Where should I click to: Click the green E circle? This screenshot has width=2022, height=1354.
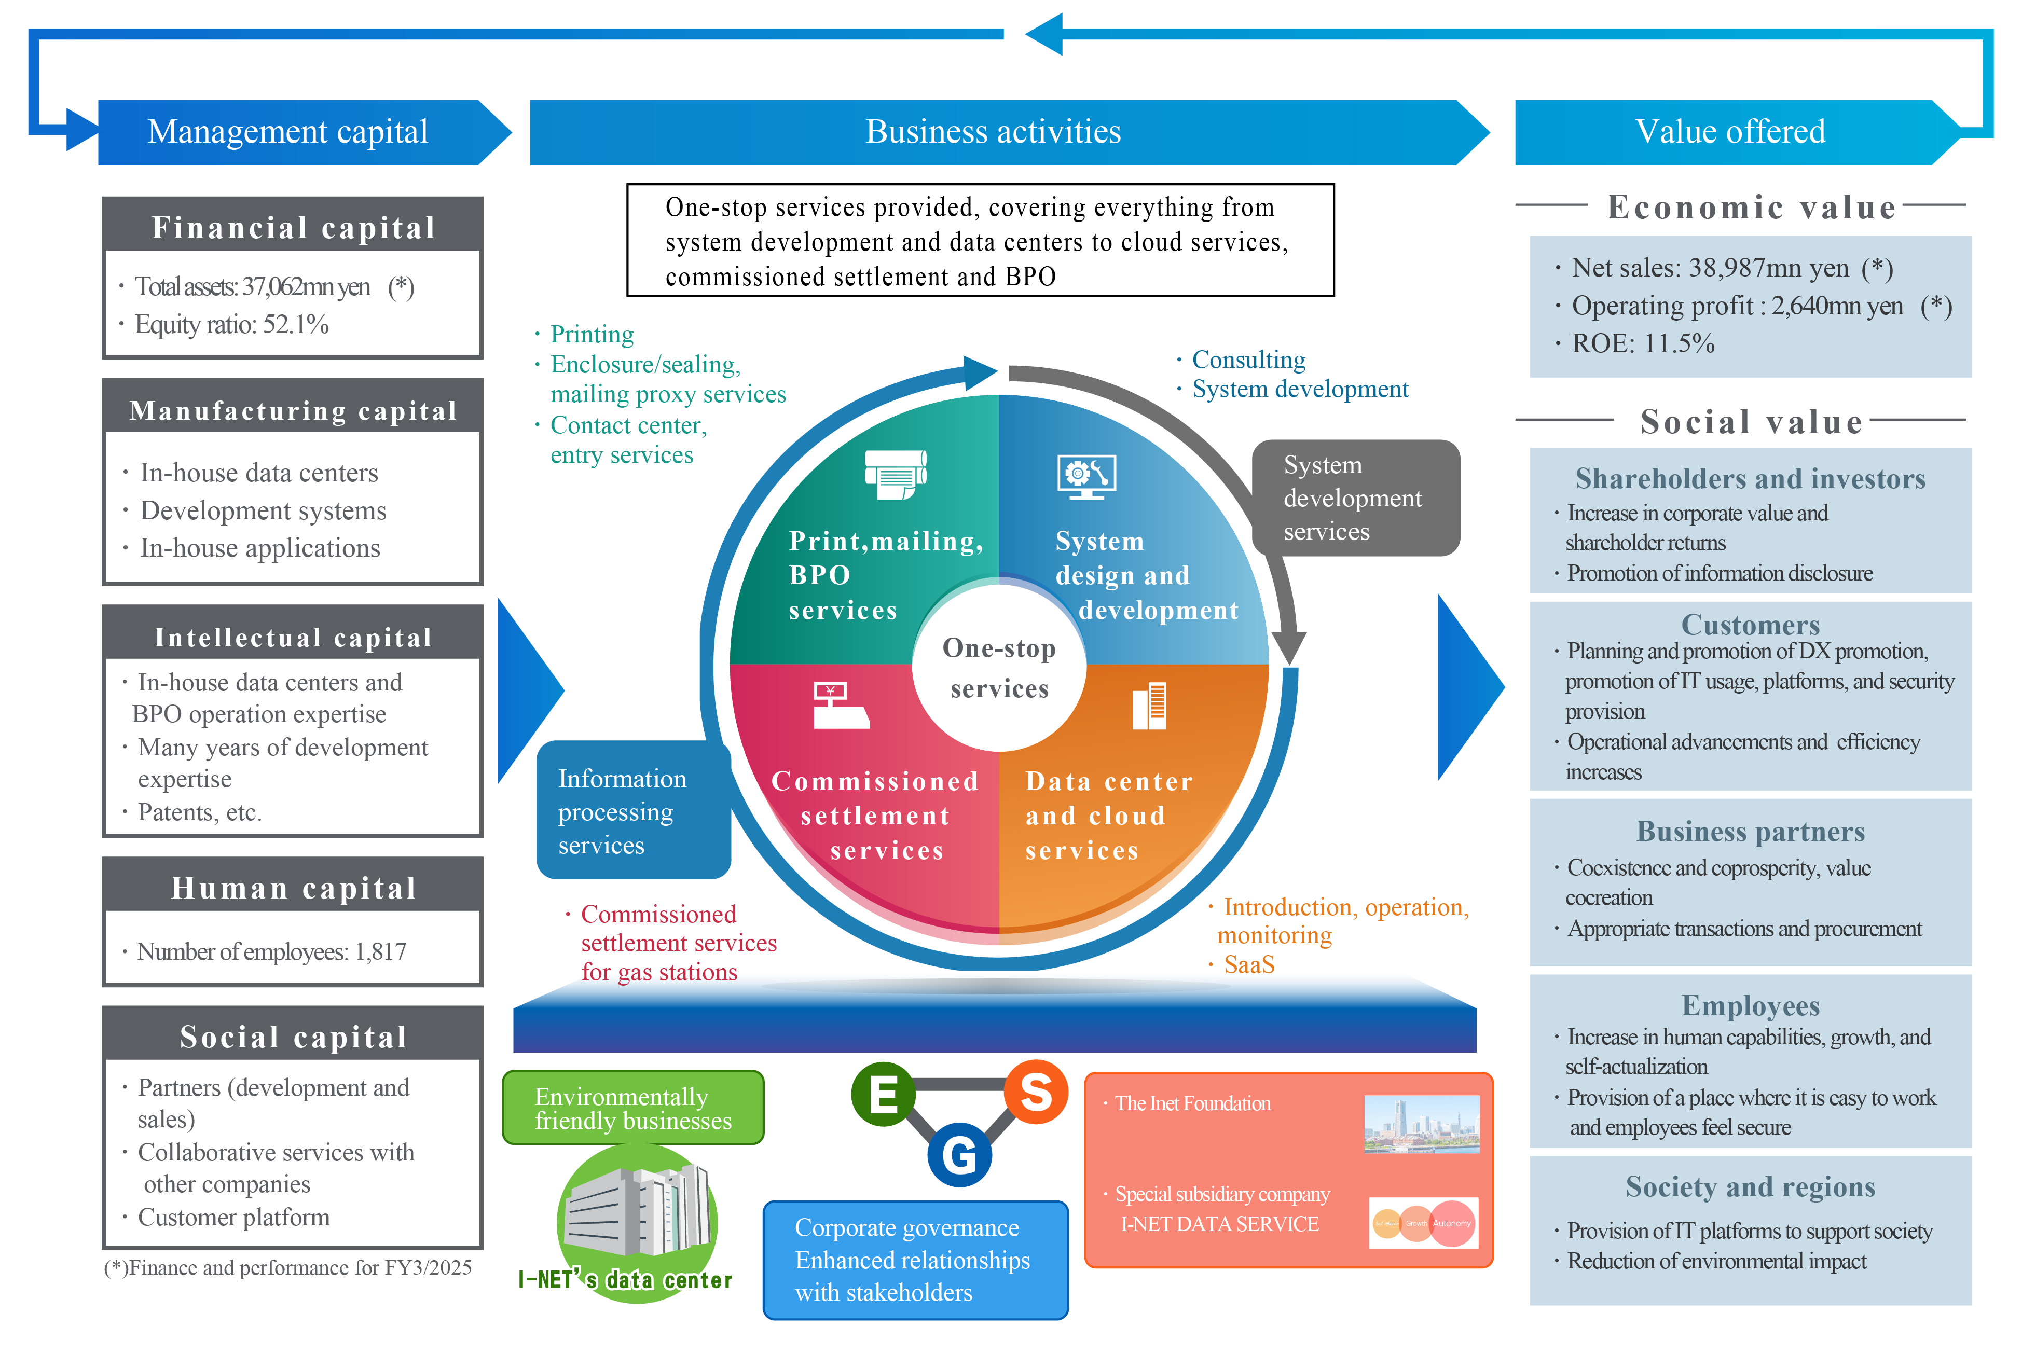point(883,1094)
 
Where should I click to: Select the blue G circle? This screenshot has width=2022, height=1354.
point(959,1154)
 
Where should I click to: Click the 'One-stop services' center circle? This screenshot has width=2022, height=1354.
point(999,668)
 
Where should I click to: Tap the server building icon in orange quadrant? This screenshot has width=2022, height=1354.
point(1150,706)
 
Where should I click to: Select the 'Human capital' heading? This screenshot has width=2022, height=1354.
point(293,888)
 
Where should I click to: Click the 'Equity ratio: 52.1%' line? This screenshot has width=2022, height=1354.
point(231,325)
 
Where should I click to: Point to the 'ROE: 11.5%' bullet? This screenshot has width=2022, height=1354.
point(1642,343)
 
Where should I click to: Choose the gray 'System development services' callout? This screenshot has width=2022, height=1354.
point(1354,498)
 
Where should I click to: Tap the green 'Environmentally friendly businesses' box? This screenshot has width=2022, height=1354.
point(632,1108)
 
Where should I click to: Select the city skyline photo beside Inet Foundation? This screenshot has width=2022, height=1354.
point(1421,1124)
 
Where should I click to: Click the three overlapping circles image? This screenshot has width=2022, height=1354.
point(1423,1223)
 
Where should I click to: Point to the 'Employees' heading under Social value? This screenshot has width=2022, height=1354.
point(1750,1006)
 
